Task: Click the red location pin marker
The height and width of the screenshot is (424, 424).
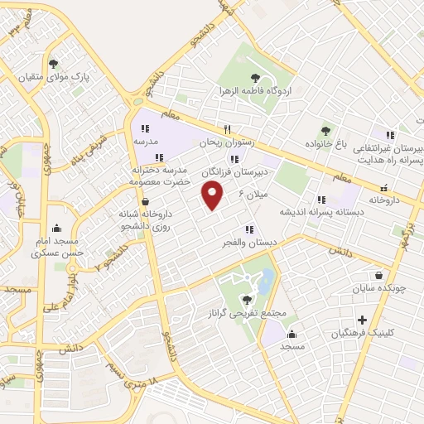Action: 213,195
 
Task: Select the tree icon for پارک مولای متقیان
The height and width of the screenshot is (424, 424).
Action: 54,63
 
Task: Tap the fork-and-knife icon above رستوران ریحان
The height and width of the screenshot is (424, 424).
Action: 226,129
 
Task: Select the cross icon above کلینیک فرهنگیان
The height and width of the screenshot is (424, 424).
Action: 361,320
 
